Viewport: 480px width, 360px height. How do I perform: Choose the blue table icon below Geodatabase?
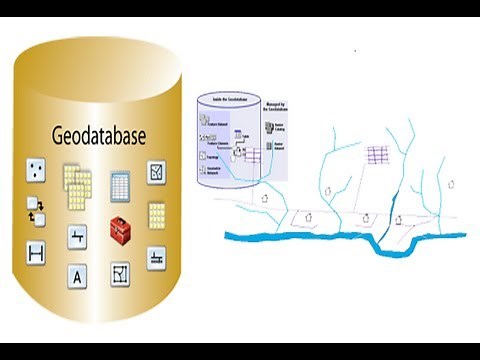118,186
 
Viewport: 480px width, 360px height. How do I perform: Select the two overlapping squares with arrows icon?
36,212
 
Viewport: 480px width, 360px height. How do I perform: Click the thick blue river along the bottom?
300,237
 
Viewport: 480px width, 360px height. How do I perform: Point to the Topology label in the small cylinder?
213,158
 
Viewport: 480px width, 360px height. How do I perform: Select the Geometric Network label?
216,173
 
